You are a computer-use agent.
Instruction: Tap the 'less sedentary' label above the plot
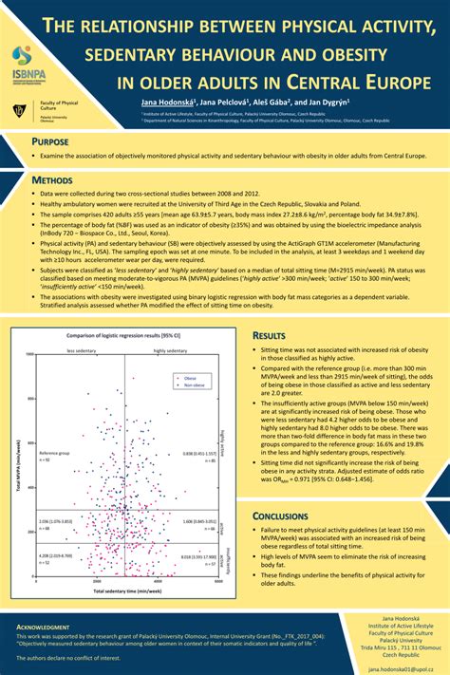click(x=82, y=350)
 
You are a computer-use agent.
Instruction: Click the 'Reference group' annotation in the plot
click(x=56, y=455)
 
